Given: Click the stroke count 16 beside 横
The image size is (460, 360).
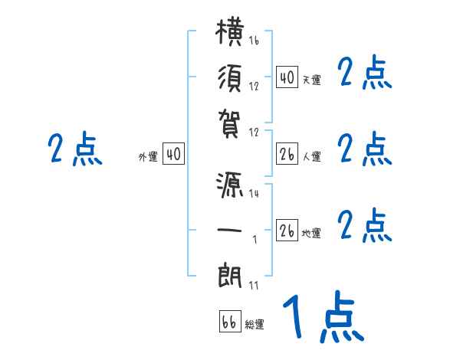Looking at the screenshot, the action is pos(254,41).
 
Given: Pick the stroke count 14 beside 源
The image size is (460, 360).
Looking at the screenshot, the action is pos(254,194).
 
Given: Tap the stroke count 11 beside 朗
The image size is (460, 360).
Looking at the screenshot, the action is pos(253,285).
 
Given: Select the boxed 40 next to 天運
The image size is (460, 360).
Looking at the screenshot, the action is pos(286,77).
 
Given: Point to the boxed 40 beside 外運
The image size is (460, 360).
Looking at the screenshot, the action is pos(173,155).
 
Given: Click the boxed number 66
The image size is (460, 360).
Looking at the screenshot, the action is pos(229,322).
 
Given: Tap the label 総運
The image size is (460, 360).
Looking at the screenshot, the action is pos(255,325).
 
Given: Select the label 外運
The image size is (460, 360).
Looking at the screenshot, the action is pos(148,157).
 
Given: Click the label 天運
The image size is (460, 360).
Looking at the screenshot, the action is pos(311,80).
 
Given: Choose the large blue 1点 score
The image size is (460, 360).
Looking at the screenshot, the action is pos(323,318).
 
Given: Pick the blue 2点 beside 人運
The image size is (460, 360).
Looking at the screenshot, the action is pos(365,149).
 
